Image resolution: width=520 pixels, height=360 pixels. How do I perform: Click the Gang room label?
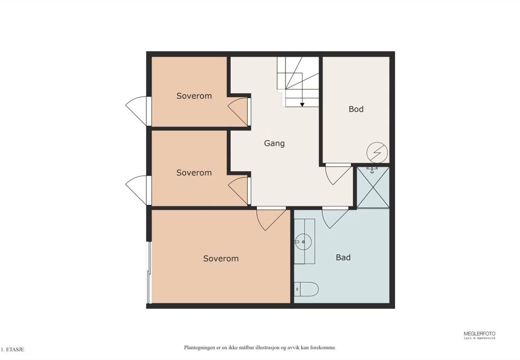(x=274, y=144)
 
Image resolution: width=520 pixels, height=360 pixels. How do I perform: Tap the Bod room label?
(x=356, y=109)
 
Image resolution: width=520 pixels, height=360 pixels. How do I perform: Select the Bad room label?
(x=343, y=258)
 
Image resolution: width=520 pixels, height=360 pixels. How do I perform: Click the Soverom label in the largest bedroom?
(x=221, y=258)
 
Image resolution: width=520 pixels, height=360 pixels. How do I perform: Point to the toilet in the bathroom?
(x=306, y=289)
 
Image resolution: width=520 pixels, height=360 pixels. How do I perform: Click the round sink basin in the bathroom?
(x=303, y=242)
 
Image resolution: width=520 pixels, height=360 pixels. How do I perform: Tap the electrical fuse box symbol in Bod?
(x=377, y=152)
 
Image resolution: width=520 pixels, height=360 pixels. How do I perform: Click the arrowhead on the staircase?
(x=302, y=105)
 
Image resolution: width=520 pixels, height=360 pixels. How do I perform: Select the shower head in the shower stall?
(x=372, y=170)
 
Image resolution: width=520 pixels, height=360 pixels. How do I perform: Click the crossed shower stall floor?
(x=373, y=187)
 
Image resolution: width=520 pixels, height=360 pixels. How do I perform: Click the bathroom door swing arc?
(x=335, y=218)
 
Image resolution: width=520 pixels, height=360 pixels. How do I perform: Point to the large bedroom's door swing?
(x=271, y=219)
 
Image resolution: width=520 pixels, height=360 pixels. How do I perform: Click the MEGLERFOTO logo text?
(x=479, y=334)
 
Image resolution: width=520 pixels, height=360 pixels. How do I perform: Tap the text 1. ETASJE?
(x=12, y=350)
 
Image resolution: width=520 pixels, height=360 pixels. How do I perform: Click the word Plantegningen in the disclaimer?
(x=198, y=348)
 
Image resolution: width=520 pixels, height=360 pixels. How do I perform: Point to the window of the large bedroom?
(x=150, y=272)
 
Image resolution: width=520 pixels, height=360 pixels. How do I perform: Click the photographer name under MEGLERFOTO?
(x=479, y=338)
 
